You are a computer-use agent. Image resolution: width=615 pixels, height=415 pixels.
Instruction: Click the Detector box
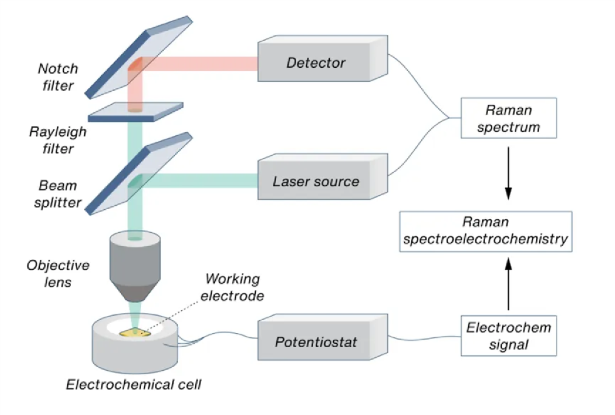click(x=316, y=63)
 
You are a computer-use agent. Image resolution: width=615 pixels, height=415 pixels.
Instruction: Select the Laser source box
click(x=316, y=182)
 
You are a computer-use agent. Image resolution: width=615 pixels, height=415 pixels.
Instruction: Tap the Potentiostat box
click(x=316, y=342)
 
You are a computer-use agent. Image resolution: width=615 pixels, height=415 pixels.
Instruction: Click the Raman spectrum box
click(x=509, y=119)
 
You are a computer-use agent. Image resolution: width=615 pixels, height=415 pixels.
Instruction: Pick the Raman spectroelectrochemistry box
click(x=485, y=231)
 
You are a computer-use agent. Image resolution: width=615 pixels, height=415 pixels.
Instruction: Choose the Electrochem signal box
click(x=509, y=336)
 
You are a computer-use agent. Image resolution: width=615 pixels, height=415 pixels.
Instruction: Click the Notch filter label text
click(x=57, y=78)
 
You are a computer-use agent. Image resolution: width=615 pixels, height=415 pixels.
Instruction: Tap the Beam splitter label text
click(x=57, y=194)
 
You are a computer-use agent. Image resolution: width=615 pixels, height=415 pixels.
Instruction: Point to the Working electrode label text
click(x=234, y=287)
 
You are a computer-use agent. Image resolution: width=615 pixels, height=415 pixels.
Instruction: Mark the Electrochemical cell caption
click(x=134, y=384)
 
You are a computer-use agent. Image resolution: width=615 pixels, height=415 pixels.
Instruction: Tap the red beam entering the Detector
click(x=205, y=64)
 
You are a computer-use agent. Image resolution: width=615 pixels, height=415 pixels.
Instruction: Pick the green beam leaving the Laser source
click(x=205, y=181)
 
